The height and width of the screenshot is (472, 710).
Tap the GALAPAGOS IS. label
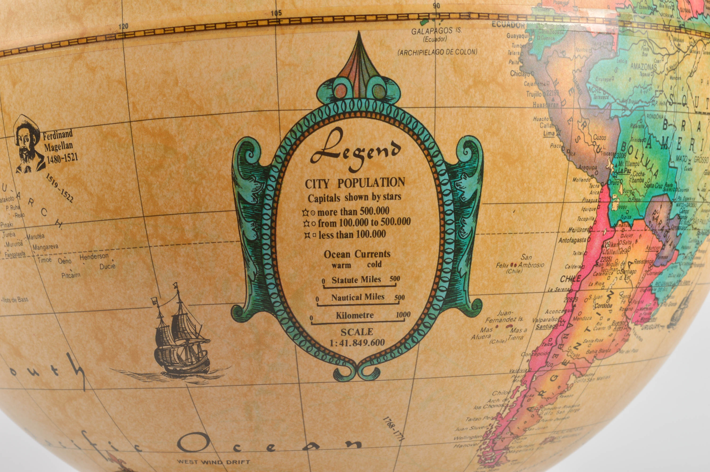pyautogui.click(x=436, y=31)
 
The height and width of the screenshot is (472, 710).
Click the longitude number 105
pyautogui.click(x=276, y=13)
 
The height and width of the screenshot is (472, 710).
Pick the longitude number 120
pyautogui.click(x=123, y=26)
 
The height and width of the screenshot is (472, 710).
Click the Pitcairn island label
pyautogui.click(x=71, y=275)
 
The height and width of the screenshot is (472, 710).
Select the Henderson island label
pyautogui.click(x=94, y=257)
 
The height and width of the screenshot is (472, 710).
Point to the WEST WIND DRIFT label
pyautogui.click(x=213, y=461)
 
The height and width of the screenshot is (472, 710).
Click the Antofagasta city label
pyautogui.click(x=572, y=240)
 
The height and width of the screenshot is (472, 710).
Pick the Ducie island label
pyautogui.click(x=107, y=266)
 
